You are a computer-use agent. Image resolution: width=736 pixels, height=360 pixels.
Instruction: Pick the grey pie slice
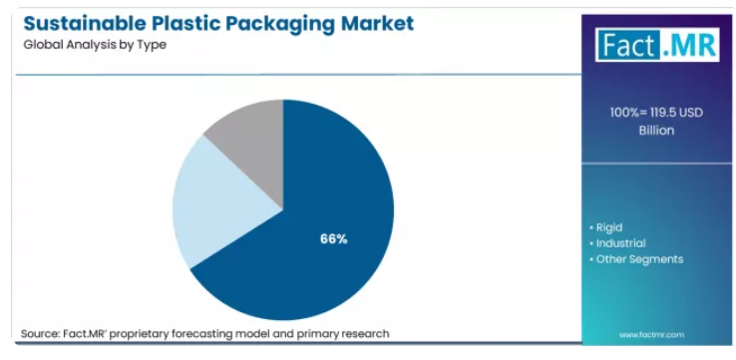click(x=253, y=141)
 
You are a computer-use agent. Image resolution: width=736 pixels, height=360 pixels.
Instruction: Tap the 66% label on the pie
click(x=334, y=239)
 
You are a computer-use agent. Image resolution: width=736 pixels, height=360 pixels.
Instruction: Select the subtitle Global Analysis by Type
click(x=95, y=46)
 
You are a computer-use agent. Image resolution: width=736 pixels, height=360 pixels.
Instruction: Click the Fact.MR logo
click(x=657, y=45)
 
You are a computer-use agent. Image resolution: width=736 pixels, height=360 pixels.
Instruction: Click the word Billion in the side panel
click(x=656, y=131)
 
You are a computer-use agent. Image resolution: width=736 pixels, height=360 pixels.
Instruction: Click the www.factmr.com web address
click(x=651, y=335)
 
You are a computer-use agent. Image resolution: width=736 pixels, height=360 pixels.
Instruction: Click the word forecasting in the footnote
click(x=201, y=334)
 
